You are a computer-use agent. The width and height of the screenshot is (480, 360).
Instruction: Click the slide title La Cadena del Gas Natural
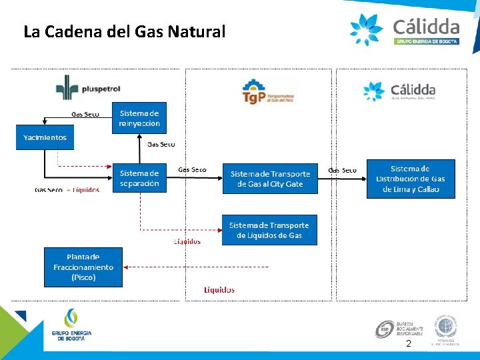pyautogui.click(x=125, y=31)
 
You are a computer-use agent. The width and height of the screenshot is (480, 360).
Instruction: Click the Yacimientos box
pyautogui.click(x=45, y=137)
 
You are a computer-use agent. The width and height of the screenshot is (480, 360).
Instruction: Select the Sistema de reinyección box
pyautogui.click(x=139, y=118)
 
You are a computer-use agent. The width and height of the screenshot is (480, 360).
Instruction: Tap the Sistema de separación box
pyautogui.click(x=139, y=178)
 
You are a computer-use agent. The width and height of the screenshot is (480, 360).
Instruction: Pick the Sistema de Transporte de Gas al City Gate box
pyautogui.click(x=270, y=179)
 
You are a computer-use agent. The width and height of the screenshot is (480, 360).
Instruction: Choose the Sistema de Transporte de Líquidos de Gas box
pyautogui.click(x=269, y=230)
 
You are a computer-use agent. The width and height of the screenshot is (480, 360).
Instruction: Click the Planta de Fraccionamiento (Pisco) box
pyautogui.click(x=83, y=267)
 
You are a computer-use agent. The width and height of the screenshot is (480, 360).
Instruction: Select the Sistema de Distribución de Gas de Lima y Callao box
pyautogui.click(x=411, y=179)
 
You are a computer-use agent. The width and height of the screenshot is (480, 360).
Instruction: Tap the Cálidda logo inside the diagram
pyautogui.click(x=399, y=91)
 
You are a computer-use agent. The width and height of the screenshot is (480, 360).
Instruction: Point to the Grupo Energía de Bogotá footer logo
pyautogui.click(x=71, y=326)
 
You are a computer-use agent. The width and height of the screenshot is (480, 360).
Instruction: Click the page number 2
pyautogui.click(x=409, y=344)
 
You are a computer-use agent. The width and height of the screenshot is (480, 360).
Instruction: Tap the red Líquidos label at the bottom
pyautogui.click(x=219, y=290)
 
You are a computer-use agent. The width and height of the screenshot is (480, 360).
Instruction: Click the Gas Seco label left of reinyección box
pyautogui.click(x=85, y=114)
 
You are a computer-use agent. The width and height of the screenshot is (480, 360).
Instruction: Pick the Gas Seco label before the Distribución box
pyautogui.click(x=343, y=171)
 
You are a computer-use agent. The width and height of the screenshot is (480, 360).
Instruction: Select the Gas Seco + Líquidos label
pyautogui.click(x=67, y=190)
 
